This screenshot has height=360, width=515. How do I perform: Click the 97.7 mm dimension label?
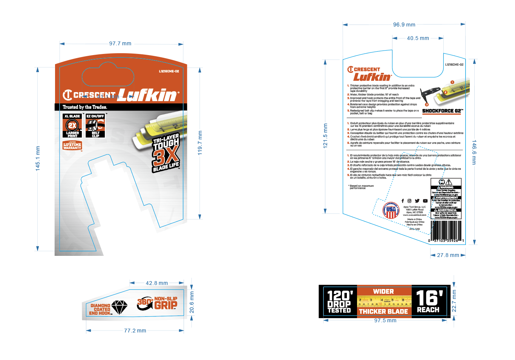[120, 44]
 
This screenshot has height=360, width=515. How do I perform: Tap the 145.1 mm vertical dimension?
[38, 158]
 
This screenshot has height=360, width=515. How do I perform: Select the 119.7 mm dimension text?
[200, 143]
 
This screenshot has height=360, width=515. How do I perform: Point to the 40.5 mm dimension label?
[418, 38]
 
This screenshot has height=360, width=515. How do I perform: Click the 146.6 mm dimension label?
[474, 152]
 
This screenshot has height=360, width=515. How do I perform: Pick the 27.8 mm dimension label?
[448, 255]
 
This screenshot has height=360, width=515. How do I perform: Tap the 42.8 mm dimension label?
[157, 283]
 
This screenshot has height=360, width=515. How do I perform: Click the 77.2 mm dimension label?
[135, 331]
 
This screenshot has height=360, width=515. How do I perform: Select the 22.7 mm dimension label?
[454, 301]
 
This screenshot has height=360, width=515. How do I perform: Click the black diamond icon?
[120, 307]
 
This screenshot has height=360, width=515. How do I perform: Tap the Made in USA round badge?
[391, 210]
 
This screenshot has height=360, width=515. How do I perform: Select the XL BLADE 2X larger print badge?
[72, 126]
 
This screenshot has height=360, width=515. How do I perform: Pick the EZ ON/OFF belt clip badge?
[95, 126]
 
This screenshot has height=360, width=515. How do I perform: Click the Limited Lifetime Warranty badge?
[72, 145]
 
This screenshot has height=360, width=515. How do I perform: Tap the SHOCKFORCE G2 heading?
[442, 111]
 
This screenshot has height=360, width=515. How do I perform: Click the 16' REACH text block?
[429, 301]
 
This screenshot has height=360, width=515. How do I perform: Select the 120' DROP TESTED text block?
[339, 302]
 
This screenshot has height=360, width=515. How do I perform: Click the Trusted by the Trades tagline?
[85, 107]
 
